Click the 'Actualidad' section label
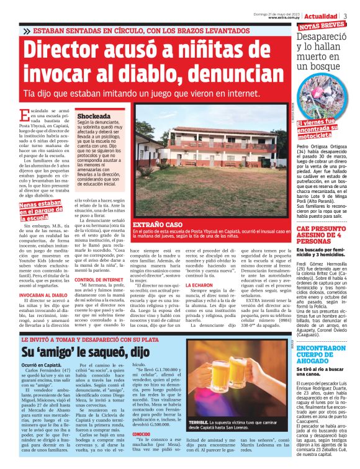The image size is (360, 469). click(321, 15)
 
